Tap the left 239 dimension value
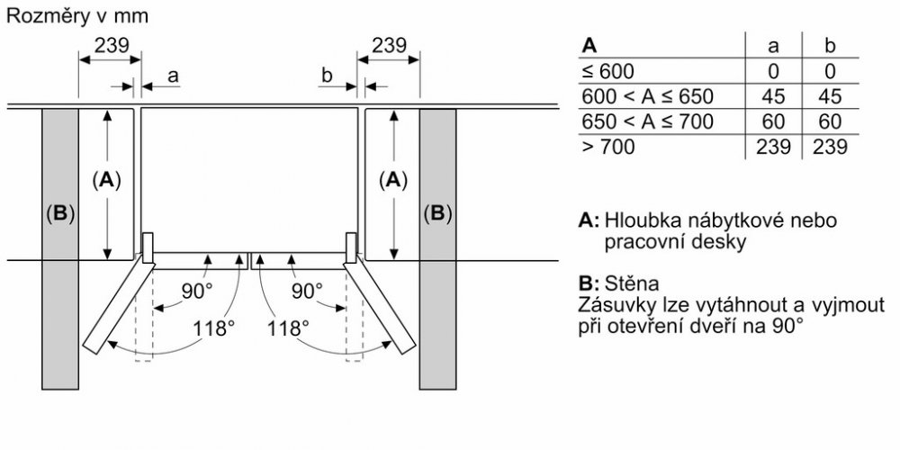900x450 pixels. [x=112, y=45]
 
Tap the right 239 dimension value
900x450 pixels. [x=389, y=45]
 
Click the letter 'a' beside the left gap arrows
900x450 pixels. [x=173, y=78]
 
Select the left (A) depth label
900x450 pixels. [x=107, y=180]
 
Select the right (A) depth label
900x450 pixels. [x=392, y=180]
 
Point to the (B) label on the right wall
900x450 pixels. [x=437, y=215]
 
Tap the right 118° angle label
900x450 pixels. [x=287, y=328]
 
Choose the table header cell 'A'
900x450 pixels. [x=590, y=45]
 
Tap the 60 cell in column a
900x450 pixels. [x=773, y=121]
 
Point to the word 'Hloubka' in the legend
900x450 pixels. [x=641, y=220]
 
